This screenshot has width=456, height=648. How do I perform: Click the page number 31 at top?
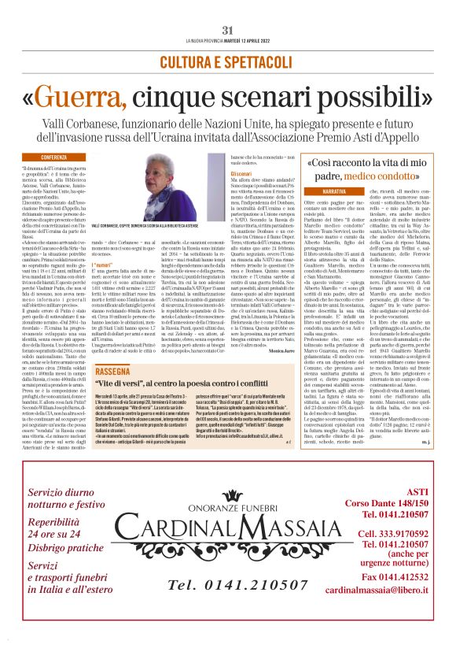pyautogui.click(x=227, y=30)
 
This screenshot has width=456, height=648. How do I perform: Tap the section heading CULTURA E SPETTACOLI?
pyautogui.click(x=227, y=61)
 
